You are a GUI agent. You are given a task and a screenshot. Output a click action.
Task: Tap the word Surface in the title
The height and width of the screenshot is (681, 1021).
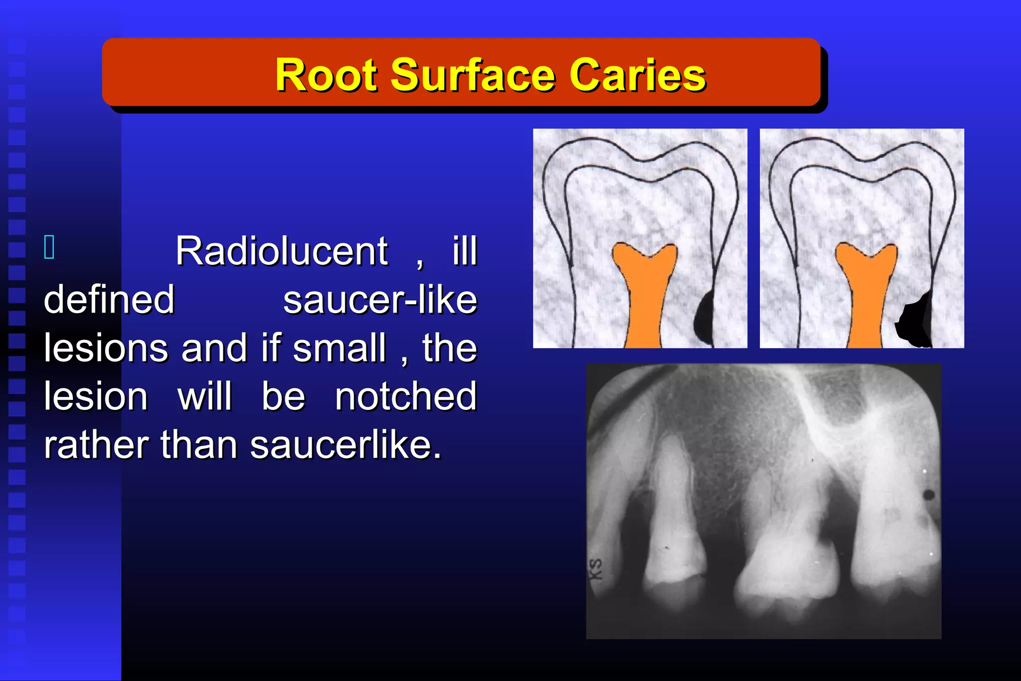pos(473,75)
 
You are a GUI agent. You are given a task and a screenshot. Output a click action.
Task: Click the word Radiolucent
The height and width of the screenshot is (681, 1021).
pos(282,251)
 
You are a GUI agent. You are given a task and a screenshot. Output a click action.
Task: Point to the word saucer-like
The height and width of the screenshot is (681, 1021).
pos(380,300)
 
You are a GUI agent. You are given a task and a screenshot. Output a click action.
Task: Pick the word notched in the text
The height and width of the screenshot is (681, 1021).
pos(406,397)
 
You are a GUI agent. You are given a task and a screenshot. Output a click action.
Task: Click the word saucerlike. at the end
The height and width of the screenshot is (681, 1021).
pos(345,445)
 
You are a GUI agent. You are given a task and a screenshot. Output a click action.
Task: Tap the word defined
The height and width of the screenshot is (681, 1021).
pos(109,300)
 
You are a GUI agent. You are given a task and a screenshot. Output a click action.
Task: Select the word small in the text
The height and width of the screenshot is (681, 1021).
pos(339,348)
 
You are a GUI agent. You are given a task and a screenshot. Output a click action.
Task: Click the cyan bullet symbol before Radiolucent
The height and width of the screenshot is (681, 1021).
pos(49,247)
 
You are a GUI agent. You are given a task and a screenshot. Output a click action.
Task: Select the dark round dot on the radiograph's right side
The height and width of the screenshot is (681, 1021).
pos(929,495)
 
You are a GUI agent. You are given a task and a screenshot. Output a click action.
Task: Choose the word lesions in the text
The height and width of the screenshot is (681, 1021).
pos(106,348)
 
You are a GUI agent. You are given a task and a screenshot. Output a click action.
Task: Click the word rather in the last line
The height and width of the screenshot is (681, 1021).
pos(96,445)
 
